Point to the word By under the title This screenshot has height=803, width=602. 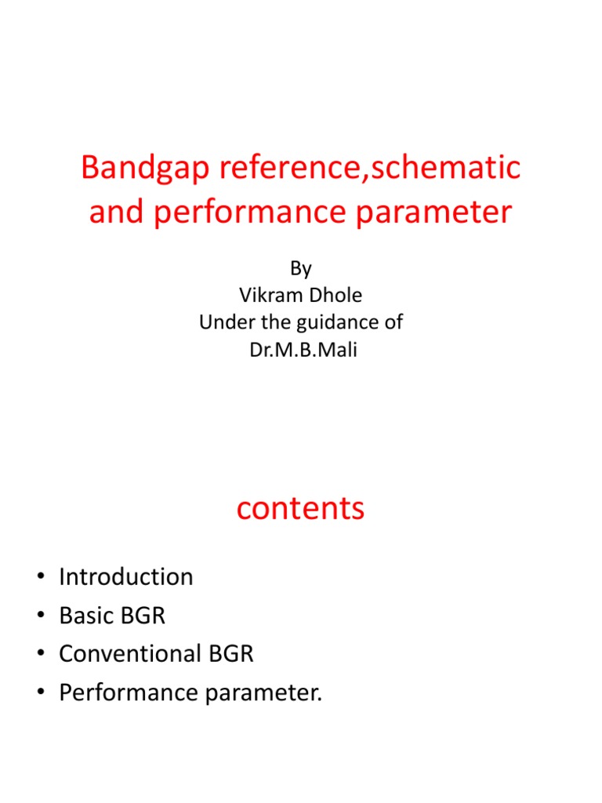click(x=301, y=269)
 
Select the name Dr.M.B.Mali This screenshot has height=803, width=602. click(x=301, y=349)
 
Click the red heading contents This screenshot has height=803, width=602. click(x=300, y=509)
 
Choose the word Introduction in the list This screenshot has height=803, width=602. click(x=126, y=577)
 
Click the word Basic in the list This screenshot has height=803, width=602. click(x=85, y=616)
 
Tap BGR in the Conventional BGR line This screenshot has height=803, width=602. click(x=230, y=654)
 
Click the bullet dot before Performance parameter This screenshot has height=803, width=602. click(x=39, y=694)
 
